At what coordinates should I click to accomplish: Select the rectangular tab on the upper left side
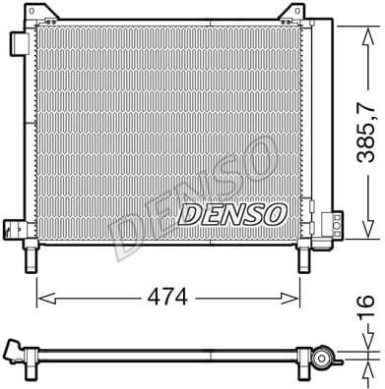pos(18,48)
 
